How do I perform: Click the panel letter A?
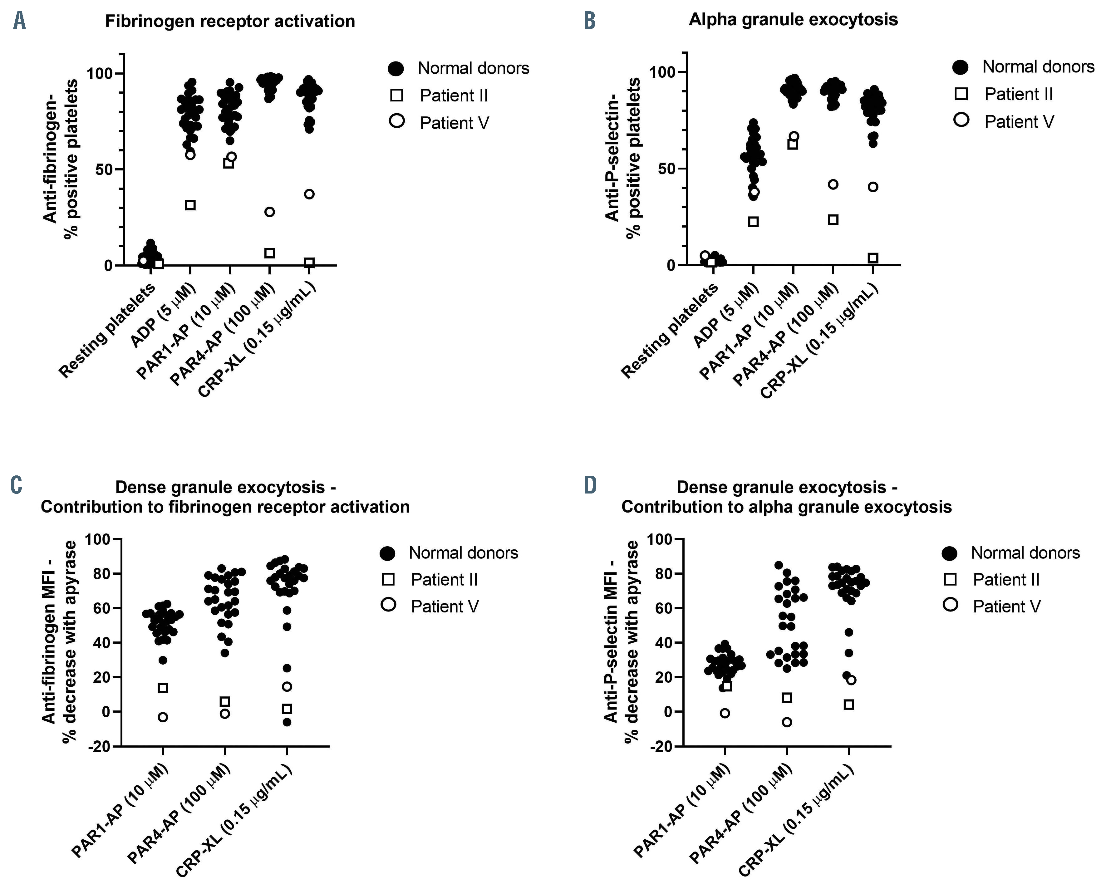(19, 22)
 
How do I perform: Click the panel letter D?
(590, 485)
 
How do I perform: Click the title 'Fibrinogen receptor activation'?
(230, 22)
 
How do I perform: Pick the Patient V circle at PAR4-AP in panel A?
(269, 212)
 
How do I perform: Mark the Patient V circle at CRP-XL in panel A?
(309, 194)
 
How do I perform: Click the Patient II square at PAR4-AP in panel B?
(833, 220)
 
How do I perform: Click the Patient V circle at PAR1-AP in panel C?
(163, 717)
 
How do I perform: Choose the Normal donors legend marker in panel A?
(397, 68)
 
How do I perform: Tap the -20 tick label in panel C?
(99, 747)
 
